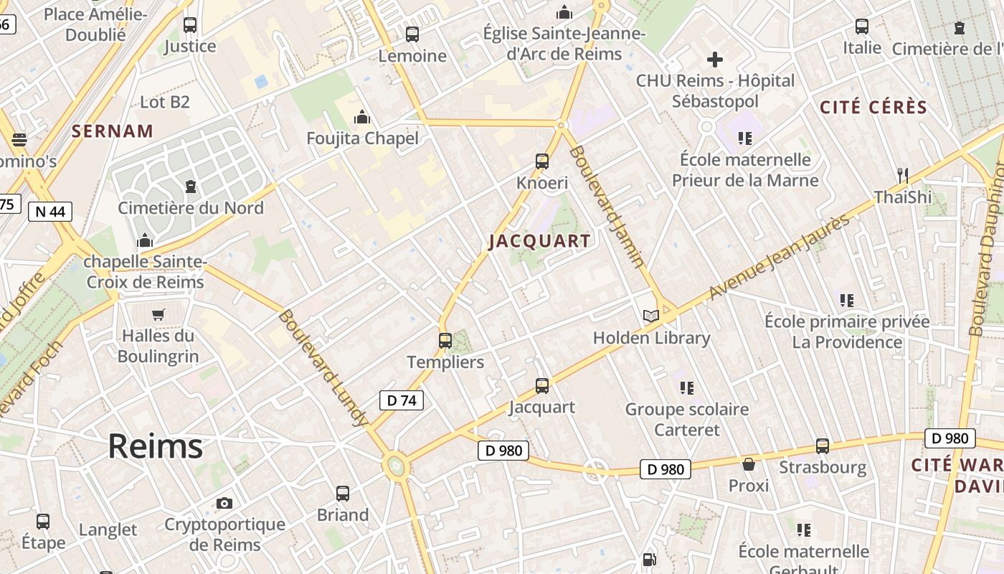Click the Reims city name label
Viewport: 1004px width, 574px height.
tap(155, 446)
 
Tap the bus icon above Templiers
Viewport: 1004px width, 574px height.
tap(445, 340)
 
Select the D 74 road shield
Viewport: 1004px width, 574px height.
tap(401, 400)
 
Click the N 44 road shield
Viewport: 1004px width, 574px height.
tap(50, 211)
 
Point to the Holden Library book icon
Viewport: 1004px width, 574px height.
tap(650, 316)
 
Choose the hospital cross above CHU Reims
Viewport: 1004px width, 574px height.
tap(715, 60)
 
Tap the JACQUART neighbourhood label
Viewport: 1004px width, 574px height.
tap(540, 241)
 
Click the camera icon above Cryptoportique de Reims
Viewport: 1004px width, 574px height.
tap(224, 503)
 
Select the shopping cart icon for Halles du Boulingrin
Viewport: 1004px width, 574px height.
tap(158, 314)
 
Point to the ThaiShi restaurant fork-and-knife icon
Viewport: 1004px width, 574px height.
tap(903, 174)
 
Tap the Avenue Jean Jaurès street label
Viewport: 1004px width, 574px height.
tap(779, 257)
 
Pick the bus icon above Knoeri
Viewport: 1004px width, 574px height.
tap(542, 161)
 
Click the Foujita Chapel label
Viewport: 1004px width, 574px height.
tap(362, 138)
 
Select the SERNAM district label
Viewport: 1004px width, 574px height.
tap(113, 131)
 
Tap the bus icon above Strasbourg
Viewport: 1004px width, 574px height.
tap(823, 446)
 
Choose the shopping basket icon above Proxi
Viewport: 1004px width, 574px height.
tap(749, 464)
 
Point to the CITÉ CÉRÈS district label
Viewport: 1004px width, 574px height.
tap(873, 108)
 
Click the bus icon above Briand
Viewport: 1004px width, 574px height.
tap(343, 493)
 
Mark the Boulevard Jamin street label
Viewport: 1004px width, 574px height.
tap(607, 207)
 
